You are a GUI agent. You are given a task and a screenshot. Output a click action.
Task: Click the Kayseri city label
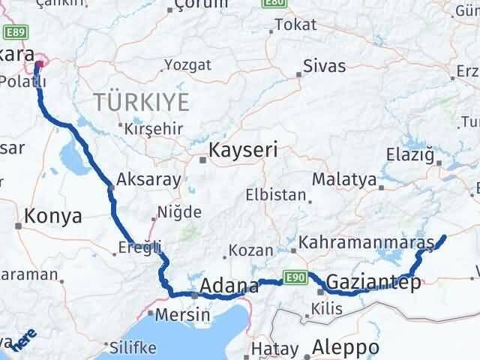tap(243, 149)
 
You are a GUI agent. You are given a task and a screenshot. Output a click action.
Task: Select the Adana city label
tap(230, 286)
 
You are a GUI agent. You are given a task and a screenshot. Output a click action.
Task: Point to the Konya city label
tap(52, 217)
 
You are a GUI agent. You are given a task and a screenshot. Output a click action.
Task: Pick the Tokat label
tap(295, 25)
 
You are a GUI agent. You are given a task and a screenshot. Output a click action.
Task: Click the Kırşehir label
tap(154, 128)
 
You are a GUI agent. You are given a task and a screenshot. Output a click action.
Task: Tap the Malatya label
tap(343, 179)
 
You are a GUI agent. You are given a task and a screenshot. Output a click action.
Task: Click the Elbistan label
tap(276, 196)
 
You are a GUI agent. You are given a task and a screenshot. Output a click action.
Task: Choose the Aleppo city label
tap(345, 348)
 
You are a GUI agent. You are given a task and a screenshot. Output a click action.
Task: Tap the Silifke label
tap(133, 348)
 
